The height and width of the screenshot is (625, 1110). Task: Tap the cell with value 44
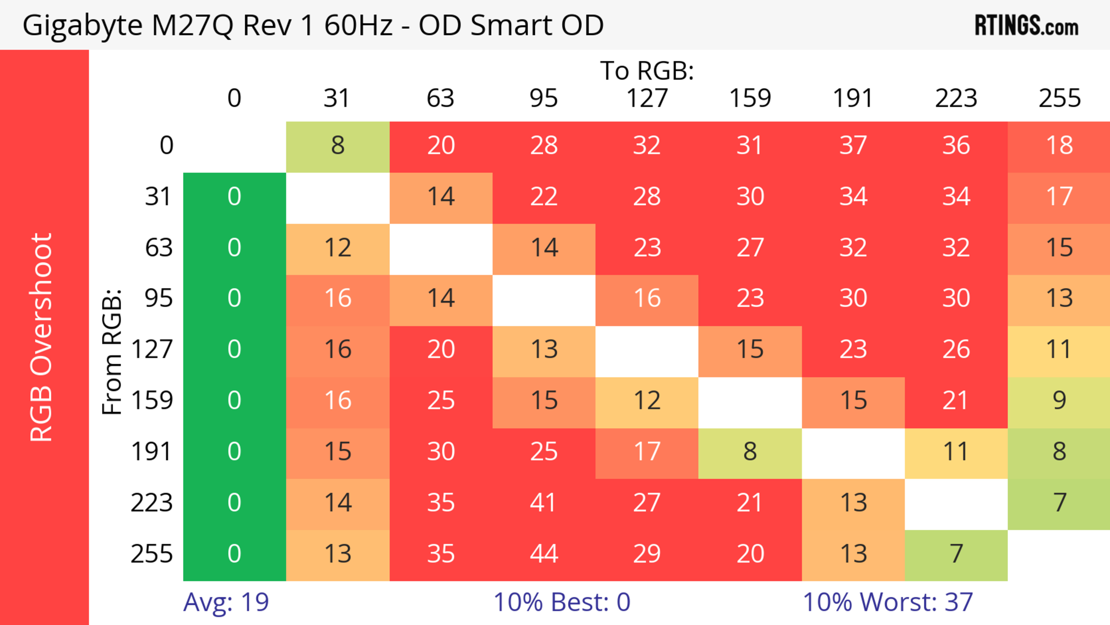544,554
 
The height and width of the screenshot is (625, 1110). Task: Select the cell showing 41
544,503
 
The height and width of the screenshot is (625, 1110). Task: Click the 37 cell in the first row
853,145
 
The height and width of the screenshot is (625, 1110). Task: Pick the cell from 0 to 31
338,145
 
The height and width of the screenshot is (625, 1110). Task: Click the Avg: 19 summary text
226,602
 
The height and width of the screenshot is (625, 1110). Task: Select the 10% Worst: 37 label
888,602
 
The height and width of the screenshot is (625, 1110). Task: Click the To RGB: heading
647,70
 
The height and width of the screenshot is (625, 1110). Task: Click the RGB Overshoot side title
41,337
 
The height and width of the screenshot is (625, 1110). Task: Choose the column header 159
750,98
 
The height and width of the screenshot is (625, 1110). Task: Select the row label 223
152,503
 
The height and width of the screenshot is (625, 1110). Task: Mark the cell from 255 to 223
956,554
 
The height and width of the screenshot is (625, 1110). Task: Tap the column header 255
1059,98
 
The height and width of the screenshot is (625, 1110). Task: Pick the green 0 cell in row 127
234,349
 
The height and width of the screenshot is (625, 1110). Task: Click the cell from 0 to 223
956,145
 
